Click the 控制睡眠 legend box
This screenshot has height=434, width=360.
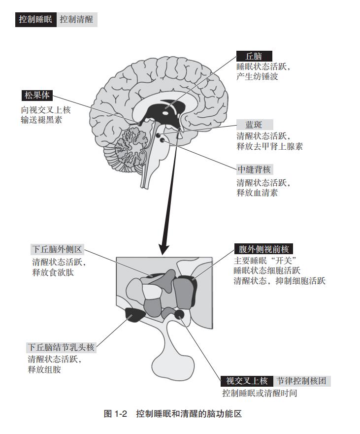pos(35,19)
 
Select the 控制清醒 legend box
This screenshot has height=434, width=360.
pos(77,19)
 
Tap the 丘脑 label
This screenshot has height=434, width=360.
pos(254,56)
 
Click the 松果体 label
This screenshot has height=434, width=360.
pos(37,96)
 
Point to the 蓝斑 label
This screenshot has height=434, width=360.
pos(255,125)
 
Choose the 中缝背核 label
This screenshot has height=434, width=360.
pos(255,169)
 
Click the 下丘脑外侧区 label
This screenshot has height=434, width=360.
pos(57,249)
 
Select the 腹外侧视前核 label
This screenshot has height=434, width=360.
pos(263,249)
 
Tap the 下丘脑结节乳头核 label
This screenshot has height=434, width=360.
pos(61,347)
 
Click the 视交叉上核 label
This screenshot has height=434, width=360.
pos(247,381)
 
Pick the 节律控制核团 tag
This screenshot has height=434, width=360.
pos(302,381)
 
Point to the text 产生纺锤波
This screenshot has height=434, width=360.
pos(257,76)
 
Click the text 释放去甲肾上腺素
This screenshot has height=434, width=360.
pos(269,146)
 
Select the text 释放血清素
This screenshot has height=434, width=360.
pos(257,193)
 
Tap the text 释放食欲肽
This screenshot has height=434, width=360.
pos(53,272)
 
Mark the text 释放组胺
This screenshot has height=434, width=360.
pos(44,369)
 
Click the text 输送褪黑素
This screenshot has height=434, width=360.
pos(41,120)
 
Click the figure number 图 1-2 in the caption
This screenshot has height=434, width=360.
pos(115,414)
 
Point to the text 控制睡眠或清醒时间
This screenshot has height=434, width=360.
pos(260,393)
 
